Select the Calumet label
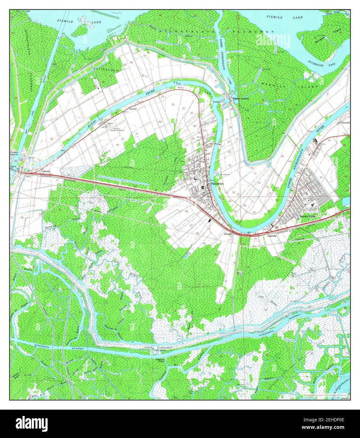coord(46,171)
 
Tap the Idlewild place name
coord(228,234)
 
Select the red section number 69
coord(160,122)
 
